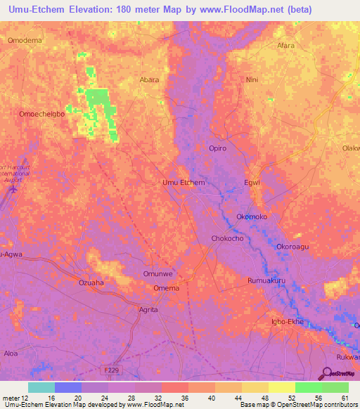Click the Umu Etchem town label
click(x=184, y=183)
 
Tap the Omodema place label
click(x=25, y=40)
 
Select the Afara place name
click(x=285, y=46)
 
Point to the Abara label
click(x=150, y=79)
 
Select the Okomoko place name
click(x=253, y=217)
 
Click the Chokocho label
click(x=228, y=239)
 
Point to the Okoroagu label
click(x=292, y=247)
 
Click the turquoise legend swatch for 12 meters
click(x=41, y=387)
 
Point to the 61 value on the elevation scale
click(x=344, y=398)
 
